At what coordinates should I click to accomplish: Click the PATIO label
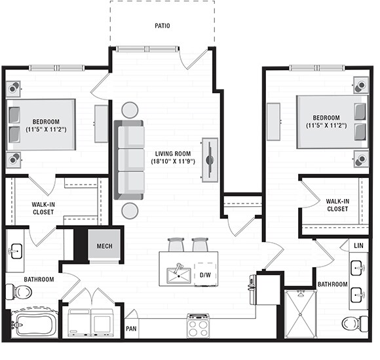point(162,26)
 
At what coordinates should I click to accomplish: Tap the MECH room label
point(104,246)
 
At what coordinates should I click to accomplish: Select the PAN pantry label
point(131,329)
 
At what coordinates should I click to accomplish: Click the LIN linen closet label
point(358,245)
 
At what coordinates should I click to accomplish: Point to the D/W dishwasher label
point(205,275)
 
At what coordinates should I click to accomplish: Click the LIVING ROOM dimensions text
point(173,161)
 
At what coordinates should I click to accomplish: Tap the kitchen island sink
point(179,275)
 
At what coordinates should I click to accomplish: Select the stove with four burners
point(199,325)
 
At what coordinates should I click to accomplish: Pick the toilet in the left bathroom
point(19,292)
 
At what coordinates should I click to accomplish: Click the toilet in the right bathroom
point(355,323)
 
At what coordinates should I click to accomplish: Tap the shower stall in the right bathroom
point(301,314)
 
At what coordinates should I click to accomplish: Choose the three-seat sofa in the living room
point(129,160)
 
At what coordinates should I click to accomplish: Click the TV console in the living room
point(210,160)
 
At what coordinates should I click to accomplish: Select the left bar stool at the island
point(176,245)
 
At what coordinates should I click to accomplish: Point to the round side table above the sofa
point(130,110)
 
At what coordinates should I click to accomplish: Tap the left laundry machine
point(79,323)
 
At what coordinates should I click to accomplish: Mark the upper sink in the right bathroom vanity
point(358,268)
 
